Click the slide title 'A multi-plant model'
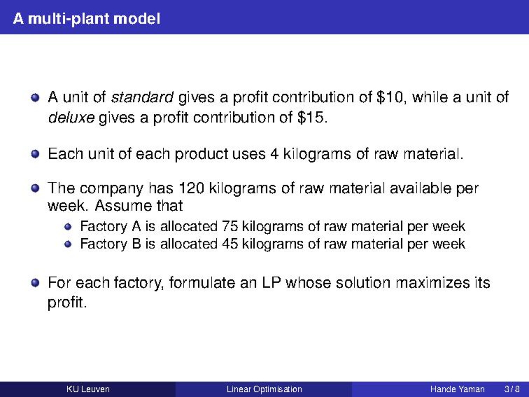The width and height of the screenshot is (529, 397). coord(87,19)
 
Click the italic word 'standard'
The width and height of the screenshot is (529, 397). coord(142,97)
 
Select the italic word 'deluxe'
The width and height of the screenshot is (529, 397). coord(71,118)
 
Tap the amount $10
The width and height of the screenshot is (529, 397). coord(389,97)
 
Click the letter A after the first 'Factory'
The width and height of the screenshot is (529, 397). coord(136,226)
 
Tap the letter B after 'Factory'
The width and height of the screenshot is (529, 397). coord(136,244)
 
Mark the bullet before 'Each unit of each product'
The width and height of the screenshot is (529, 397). coord(35,154)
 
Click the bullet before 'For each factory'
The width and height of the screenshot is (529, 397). coord(35,282)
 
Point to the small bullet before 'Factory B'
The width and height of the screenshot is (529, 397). coord(68,244)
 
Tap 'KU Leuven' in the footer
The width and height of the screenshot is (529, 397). coord(88,389)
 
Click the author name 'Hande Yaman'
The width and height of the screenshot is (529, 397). coord(458,389)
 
